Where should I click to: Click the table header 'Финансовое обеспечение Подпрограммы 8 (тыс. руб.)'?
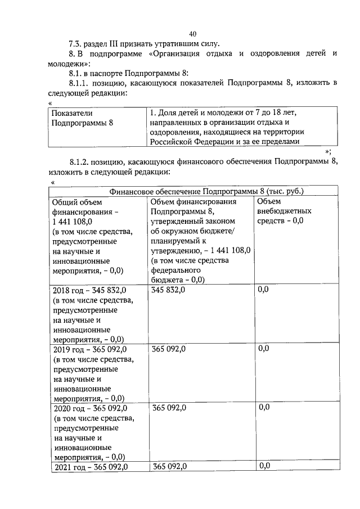tap(206, 191)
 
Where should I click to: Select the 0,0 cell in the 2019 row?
tap(263, 349)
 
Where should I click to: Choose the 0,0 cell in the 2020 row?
tap(263, 407)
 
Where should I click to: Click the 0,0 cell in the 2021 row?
tap(263, 466)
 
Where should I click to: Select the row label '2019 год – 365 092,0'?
tap(91, 349)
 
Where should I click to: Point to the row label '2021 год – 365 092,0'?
tap(91, 467)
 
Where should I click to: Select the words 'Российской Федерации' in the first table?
tap(190, 142)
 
